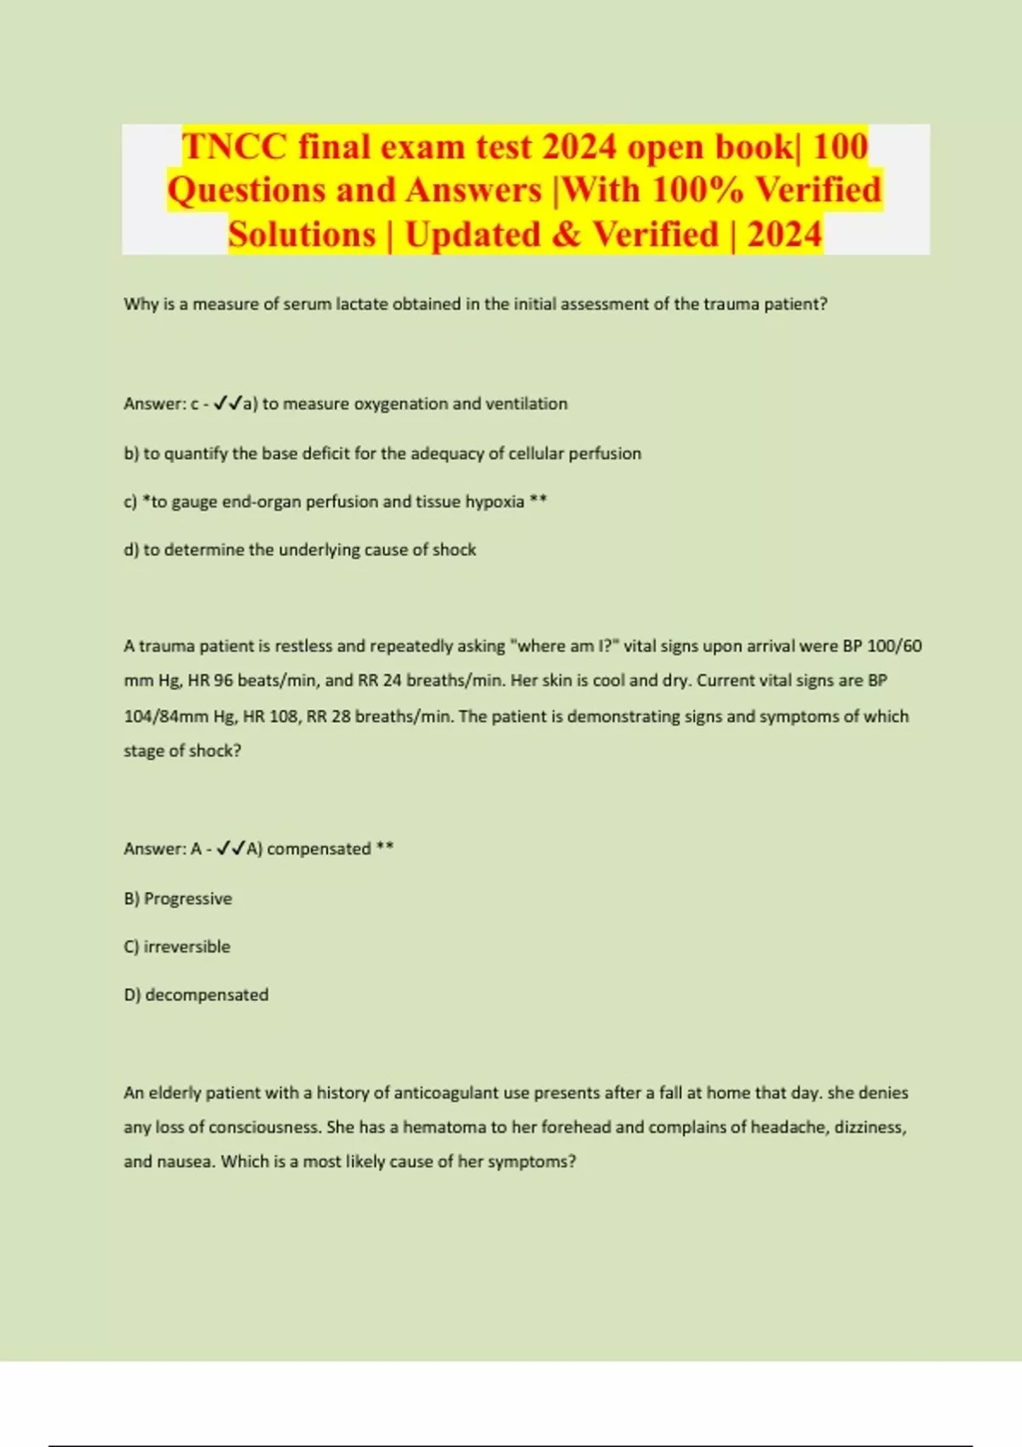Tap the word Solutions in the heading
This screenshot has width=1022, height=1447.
[301, 235]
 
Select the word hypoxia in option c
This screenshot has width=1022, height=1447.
[494, 501]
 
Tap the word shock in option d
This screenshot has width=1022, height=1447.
[454, 550]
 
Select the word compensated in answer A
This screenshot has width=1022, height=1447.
[319, 849]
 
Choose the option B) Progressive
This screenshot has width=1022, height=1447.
[178, 899]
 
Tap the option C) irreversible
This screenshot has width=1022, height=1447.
[177, 947]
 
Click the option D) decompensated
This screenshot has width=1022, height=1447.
[196, 995]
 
